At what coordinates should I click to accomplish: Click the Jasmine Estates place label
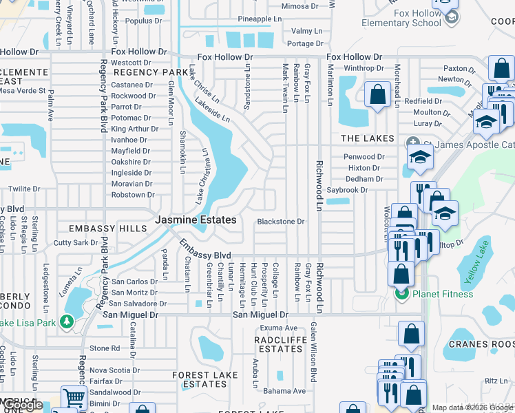click(196, 220)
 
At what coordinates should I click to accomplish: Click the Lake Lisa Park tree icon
click(67, 321)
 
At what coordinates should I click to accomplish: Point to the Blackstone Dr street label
click(280, 222)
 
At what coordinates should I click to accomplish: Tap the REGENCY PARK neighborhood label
click(151, 72)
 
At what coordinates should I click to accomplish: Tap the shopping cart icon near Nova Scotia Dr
click(74, 397)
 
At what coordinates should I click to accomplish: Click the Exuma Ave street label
click(278, 328)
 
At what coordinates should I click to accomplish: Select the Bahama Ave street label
click(287, 391)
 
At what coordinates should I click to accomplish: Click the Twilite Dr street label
click(24, 189)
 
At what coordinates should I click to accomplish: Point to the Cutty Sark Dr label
click(76, 242)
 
